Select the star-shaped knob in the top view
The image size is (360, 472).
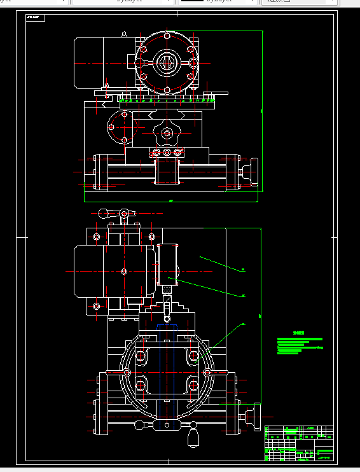click(167, 133)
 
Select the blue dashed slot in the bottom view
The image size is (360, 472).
click(167, 327)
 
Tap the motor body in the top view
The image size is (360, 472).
click(89, 62)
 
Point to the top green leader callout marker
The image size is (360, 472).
click(243, 270)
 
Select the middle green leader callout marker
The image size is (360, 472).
click(243, 296)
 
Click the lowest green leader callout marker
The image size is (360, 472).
click(243, 324)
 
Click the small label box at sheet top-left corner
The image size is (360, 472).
click(36, 17)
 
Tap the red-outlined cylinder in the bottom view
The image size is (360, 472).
click(168, 262)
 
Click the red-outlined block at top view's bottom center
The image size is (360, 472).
click(167, 172)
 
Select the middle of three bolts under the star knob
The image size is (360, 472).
click(167, 153)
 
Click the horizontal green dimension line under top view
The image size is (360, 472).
click(172, 201)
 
